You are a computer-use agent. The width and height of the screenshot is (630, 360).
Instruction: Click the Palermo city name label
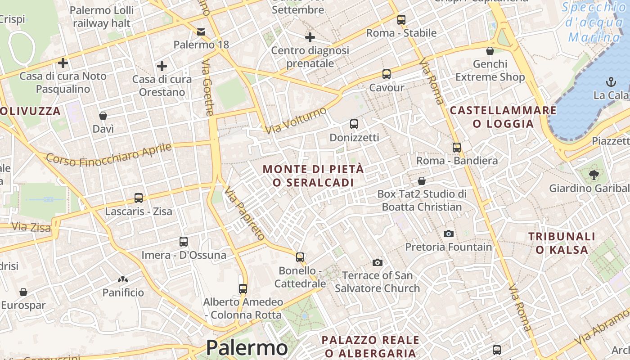click(x=247, y=348)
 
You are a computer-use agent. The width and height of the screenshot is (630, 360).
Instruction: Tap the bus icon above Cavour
click(x=386, y=74)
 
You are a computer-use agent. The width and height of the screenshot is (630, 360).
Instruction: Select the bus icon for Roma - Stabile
click(x=401, y=20)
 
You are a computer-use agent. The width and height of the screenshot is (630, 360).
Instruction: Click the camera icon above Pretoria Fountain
click(x=448, y=234)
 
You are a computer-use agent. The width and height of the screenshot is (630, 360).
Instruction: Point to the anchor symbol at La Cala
click(x=611, y=82)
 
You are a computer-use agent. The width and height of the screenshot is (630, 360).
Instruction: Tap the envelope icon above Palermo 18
click(x=201, y=31)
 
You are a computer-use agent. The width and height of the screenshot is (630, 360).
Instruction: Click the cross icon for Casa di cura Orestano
click(x=162, y=67)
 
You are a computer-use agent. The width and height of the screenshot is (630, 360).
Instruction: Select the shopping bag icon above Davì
click(x=103, y=116)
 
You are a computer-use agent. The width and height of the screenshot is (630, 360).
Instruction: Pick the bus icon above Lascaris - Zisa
click(x=139, y=198)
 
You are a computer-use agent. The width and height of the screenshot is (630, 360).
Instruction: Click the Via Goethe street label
click(x=207, y=88)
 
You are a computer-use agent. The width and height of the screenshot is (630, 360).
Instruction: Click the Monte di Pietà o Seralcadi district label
click(x=313, y=176)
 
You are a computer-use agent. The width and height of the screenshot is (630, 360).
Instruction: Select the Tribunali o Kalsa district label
click(x=562, y=243)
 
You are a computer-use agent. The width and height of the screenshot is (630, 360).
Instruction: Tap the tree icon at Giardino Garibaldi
click(x=594, y=175)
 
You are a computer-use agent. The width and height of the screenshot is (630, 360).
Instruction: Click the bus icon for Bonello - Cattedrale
click(x=300, y=257)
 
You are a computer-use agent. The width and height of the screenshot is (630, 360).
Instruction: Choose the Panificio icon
click(x=123, y=279)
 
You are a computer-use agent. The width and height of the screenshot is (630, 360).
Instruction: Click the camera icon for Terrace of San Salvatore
click(x=377, y=262)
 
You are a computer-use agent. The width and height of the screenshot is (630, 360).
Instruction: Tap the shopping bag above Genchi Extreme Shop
click(x=490, y=51)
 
